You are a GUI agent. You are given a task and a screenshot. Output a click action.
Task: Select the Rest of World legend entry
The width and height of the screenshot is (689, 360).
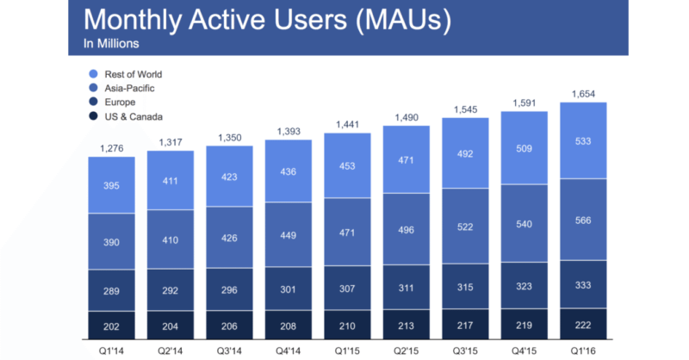click(x=131, y=74)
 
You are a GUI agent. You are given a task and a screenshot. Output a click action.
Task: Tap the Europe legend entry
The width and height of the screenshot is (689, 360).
click(x=119, y=102)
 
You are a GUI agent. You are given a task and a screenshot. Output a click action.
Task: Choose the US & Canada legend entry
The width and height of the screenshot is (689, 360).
click(x=132, y=115)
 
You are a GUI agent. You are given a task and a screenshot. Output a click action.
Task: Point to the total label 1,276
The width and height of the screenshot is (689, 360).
click(x=111, y=147)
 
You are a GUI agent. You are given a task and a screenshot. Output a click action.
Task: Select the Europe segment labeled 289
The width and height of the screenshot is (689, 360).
click(x=111, y=291)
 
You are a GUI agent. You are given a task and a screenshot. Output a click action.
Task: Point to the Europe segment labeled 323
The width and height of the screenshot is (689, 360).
click(x=524, y=286)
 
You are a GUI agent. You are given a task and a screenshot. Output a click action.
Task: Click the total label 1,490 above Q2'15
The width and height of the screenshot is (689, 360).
click(x=406, y=117)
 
